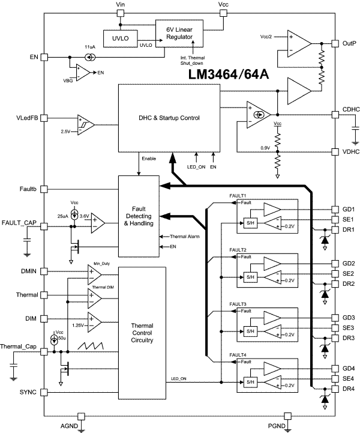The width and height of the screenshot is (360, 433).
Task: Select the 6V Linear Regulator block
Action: pyautogui.click(x=178, y=34)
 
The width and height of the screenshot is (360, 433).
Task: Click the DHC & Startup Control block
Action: pyautogui.click(x=169, y=118)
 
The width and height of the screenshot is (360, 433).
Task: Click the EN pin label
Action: pyautogui.click(x=34, y=58)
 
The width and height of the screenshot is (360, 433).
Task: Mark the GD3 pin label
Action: pyautogui.click(x=349, y=317)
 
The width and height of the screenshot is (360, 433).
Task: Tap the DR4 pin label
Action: pyautogui.click(x=349, y=389)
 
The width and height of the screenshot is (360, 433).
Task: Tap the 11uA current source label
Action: pyautogui.click(x=90, y=46)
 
